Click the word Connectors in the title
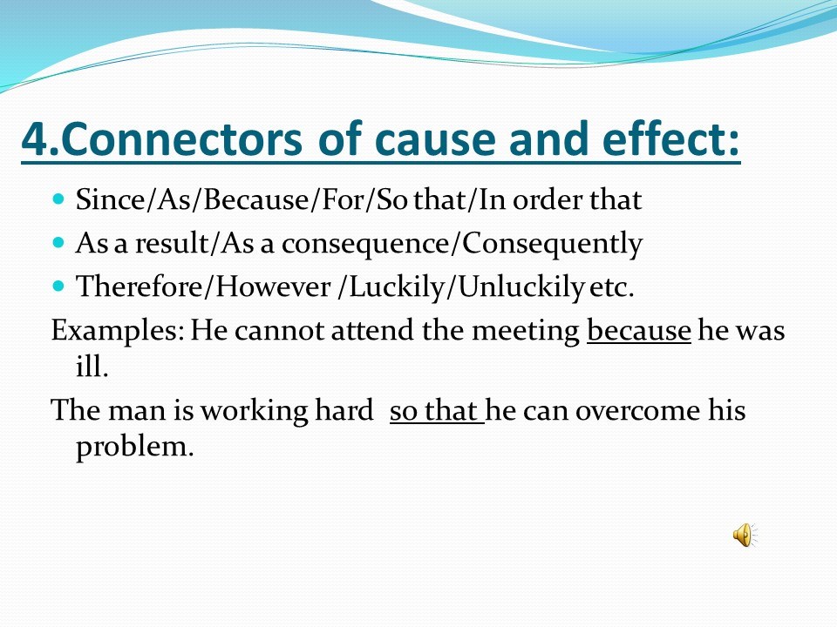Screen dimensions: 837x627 pyautogui.click(x=181, y=138)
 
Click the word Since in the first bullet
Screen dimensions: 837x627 pyautogui.click(x=111, y=199)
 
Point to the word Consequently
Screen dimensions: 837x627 pyautogui.click(x=552, y=245)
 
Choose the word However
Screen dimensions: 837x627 pyautogui.click(x=273, y=287)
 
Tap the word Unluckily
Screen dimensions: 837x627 pyautogui.click(x=521, y=288)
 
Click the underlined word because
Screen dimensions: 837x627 pyautogui.click(x=639, y=331)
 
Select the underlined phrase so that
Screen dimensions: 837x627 pyautogui.click(x=436, y=411)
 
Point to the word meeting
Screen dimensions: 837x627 pyautogui.click(x=526, y=333)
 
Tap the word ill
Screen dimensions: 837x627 pyautogui.click(x=92, y=366)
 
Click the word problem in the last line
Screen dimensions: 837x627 pyautogui.click(x=134, y=448)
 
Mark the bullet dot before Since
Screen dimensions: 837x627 pyautogui.click(x=58, y=199)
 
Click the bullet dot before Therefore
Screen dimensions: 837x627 pyautogui.click(x=58, y=287)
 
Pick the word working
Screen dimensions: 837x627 pyautogui.click(x=254, y=413)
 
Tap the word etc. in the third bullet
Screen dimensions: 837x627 pyautogui.click(x=612, y=288)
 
